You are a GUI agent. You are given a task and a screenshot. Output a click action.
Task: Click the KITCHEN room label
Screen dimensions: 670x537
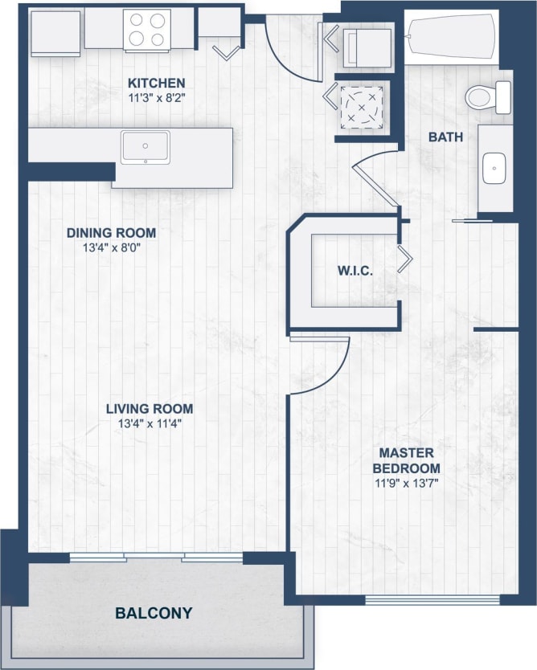pyautogui.click(x=157, y=83)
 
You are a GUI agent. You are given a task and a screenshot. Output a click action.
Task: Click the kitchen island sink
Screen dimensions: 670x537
pyautogui.click(x=146, y=147)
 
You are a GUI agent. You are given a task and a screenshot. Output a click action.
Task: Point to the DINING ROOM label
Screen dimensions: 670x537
pyautogui.click(x=111, y=233)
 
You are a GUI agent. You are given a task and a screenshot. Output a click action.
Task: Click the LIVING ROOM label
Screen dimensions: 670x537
pyautogui.click(x=150, y=409)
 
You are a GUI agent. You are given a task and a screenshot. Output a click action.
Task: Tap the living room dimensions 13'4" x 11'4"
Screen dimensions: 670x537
pyautogui.click(x=150, y=423)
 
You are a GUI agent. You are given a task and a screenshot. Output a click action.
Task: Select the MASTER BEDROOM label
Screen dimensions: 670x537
pyautogui.click(x=410, y=460)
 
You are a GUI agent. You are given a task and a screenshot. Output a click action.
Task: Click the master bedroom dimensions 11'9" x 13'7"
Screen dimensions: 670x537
pyautogui.click(x=410, y=482)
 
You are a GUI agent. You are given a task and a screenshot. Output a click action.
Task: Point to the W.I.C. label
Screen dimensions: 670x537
pyautogui.click(x=355, y=271)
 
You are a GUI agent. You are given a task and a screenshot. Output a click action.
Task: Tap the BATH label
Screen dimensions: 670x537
pyautogui.click(x=445, y=137)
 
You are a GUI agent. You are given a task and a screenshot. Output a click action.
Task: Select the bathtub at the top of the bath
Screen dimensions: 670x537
pyautogui.click(x=449, y=35)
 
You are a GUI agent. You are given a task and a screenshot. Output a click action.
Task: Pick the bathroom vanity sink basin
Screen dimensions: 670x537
pyautogui.click(x=492, y=169)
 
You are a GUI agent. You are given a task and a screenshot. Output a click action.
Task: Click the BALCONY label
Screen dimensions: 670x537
pyautogui.click(x=154, y=613)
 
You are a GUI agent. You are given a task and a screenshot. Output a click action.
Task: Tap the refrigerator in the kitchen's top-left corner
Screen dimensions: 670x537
pyautogui.click(x=55, y=32)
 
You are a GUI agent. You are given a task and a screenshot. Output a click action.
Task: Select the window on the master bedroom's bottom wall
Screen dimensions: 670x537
pyautogui.click(x=432, y=599)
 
